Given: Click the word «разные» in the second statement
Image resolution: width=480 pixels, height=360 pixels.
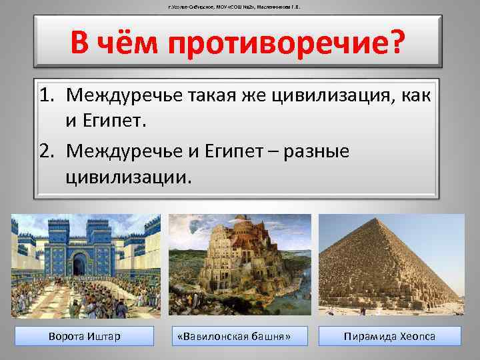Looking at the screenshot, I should coord(317,151).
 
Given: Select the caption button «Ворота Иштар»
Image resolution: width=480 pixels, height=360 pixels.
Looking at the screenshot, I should coord(85,336).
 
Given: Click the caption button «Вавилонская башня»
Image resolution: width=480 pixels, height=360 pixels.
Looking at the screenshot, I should coord(239,336).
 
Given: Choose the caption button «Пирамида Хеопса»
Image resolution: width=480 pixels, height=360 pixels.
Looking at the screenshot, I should coord(389,336).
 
